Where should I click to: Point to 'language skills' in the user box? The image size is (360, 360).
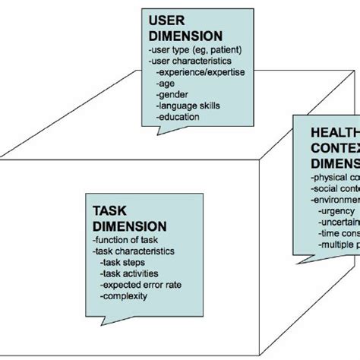[184, 107]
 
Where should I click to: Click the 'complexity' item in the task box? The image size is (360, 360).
[126, 297]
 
